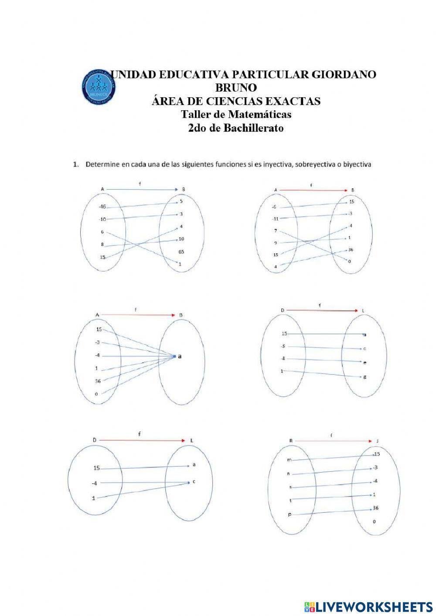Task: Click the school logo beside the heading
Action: [x=99, y=86]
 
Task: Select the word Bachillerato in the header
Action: [x=253, y=128]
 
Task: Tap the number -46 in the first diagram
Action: [x=102, y=207]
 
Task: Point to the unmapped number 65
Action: [x=181, y=252]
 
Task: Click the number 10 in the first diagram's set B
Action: [x=181, y=239]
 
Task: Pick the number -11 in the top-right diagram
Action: [x=275, y=218]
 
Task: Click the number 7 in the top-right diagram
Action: [x=275, y=230]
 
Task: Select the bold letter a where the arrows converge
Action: [x=180, y=356]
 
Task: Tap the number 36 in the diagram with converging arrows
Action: [x=98, y=381]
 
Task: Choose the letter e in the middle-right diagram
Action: [x=364, y=362]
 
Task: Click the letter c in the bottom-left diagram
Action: [x=194, y=482]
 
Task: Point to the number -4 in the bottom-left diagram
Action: [x=94, y=483]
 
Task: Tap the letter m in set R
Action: [x=289, y=459]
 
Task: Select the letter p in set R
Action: [x=289, y=515]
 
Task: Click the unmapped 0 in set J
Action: [x=374, y=521]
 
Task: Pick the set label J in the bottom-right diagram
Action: [x=378, y=441]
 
